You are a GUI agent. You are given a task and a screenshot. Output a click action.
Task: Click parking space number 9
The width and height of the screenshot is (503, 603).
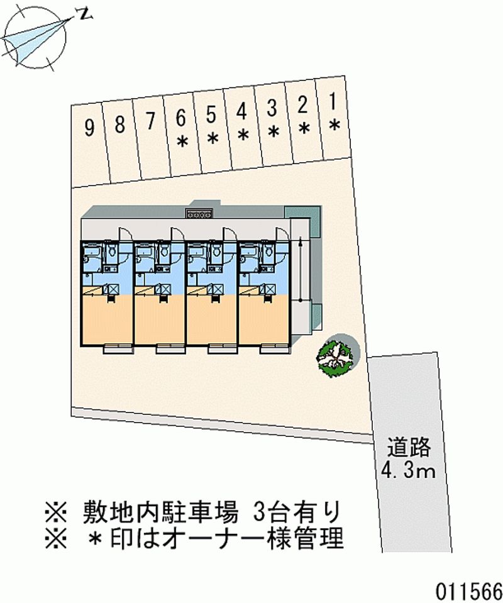coord(89,128)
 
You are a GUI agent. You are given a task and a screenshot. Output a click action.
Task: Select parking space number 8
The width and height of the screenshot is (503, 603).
coord(119,124)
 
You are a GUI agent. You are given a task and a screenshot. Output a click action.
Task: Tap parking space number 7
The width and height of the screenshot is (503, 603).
coord(150,121)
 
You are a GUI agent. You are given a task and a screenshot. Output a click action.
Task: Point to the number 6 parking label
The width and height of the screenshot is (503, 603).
coord(181,117)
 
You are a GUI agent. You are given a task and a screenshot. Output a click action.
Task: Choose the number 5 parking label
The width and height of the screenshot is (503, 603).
coord(211,114)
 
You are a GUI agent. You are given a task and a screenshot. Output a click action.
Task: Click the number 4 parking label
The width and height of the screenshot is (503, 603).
coord(241,111)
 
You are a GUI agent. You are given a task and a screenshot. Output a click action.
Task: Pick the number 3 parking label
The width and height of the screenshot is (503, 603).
coord(272,108)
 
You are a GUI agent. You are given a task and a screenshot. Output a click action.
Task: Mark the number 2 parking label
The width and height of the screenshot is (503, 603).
coord(302,104)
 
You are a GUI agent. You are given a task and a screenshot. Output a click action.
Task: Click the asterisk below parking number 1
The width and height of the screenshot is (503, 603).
coord(334,125)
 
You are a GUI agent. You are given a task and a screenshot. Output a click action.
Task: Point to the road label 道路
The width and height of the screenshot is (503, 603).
coord(409,447)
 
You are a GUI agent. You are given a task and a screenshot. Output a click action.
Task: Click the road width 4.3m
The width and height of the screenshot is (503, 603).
coord(409,470)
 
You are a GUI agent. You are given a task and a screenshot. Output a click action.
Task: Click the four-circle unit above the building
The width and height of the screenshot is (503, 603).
coord(201,214)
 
